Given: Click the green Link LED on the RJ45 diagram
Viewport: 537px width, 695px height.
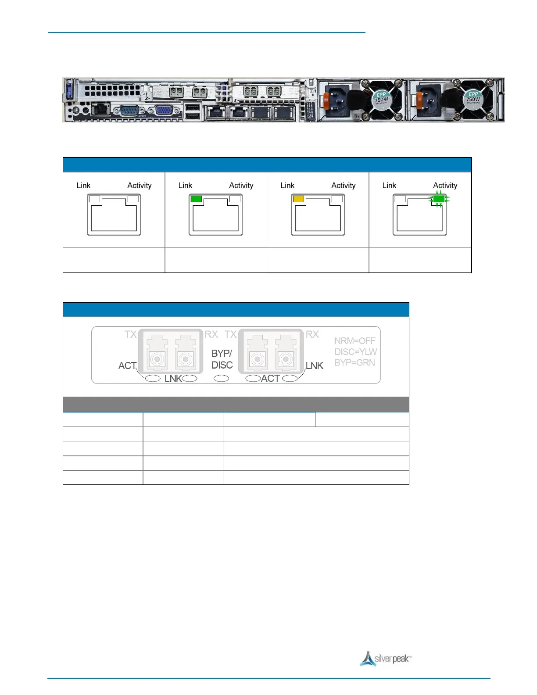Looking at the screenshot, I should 196,199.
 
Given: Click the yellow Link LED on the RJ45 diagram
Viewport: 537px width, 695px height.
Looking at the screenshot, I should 298,199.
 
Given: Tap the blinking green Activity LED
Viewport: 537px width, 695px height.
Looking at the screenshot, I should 439,199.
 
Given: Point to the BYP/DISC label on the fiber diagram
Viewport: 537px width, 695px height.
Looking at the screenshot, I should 222,359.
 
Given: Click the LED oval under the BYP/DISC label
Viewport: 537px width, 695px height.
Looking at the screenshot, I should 221,378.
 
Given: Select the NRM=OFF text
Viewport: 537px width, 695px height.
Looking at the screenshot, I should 354,341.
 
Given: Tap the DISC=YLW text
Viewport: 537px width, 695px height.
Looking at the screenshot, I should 355,352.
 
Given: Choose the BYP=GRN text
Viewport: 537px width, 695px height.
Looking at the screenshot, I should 354,363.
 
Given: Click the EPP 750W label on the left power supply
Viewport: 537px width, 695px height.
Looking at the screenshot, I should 381,98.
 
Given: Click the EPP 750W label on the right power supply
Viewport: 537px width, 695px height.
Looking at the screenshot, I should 473,97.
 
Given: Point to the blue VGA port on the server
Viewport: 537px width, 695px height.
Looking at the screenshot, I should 164,110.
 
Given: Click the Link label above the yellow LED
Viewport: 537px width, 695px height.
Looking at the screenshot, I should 287,186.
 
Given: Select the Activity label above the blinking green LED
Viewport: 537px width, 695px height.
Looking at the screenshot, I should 445,186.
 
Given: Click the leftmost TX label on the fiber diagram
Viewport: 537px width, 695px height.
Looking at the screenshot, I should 130,334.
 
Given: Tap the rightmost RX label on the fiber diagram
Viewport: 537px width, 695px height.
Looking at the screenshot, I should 312,334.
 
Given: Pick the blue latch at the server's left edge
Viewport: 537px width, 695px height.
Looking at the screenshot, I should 68,91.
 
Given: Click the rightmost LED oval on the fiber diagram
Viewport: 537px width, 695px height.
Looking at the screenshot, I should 290,378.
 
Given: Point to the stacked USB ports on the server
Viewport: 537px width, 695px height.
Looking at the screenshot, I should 192,111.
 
